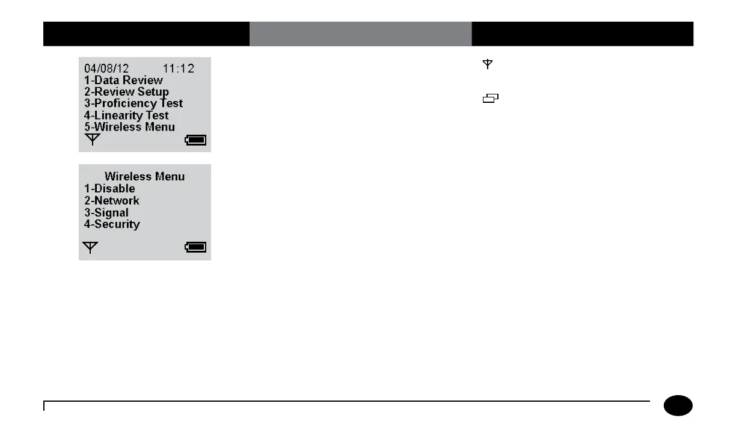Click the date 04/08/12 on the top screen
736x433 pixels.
106,69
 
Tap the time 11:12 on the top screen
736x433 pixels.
179,69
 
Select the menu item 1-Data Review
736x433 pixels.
123,80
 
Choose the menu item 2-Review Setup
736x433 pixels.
126,92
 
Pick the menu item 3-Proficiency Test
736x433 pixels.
133,103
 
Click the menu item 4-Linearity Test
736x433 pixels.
126,115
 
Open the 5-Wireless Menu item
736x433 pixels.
129,127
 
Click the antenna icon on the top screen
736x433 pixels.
92,140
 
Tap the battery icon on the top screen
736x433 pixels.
196,140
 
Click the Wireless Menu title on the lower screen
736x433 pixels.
144,177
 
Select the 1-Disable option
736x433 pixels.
109,189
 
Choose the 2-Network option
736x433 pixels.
111,201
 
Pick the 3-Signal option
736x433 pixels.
106,213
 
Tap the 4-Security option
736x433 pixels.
112,224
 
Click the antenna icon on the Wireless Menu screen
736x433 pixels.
90,247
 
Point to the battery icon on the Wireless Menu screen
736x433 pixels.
196,247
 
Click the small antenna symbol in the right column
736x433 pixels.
488,64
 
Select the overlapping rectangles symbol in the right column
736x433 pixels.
491,99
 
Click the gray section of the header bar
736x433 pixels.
360,34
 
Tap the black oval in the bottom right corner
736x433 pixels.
678,406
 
